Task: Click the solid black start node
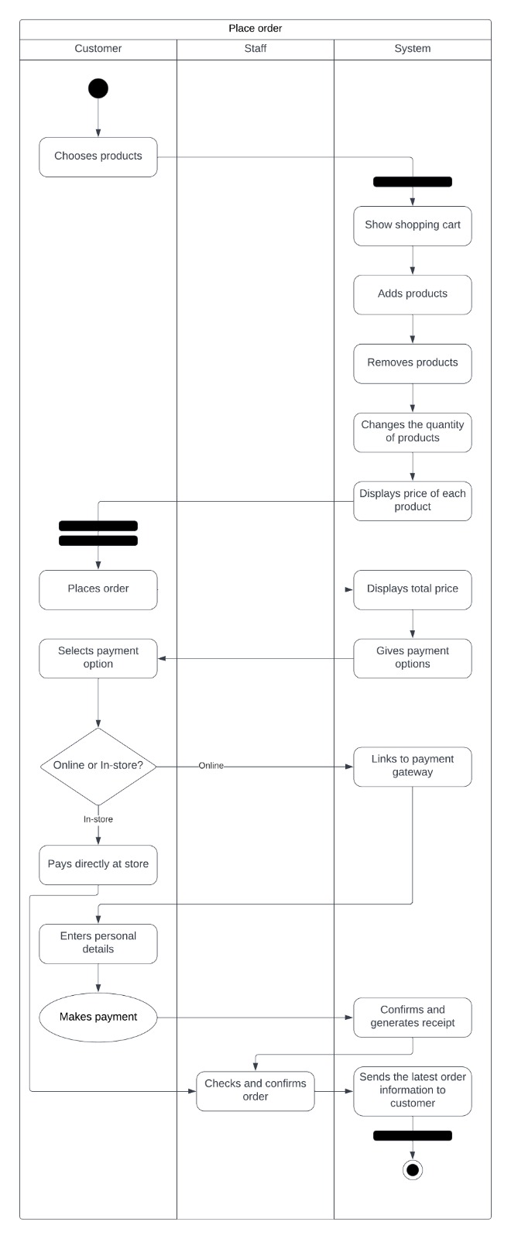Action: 98,88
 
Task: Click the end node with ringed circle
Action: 413,1169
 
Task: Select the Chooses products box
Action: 98,157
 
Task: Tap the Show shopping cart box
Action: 413,225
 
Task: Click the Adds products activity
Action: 413,294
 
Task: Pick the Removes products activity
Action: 413,363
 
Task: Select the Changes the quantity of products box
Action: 413,432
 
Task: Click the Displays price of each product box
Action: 413,501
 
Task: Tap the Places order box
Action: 98,589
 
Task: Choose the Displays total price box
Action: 413,589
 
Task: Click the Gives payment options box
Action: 413,658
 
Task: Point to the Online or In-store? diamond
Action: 98,766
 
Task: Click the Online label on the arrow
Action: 211,766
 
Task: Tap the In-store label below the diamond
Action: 98,819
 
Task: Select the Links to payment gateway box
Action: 413,767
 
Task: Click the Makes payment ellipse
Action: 98,1018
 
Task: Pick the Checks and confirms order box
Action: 256,1091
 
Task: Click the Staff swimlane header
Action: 256,49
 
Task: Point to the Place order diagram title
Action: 256,29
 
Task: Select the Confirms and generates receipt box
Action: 413,1018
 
